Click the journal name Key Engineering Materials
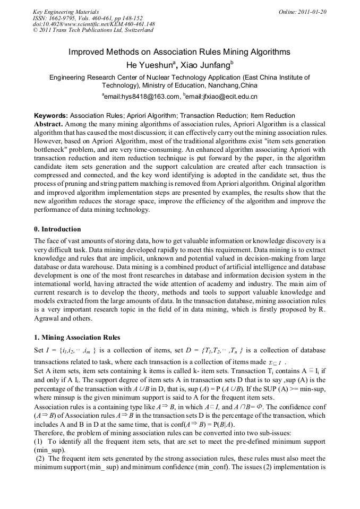pyautogui.click(x=66, y=12)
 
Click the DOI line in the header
pyautogui.click(x=93, y=24)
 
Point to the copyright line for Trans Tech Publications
pyautogui.click(x=93, y=30)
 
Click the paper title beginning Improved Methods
pyautogui.click(x=179, y=52)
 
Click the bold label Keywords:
pyautogui.click(x=51, y=116)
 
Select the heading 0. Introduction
pyautogui.click(x=57, y=229)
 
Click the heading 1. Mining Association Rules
pyautogui.click(x=77, y=338)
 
